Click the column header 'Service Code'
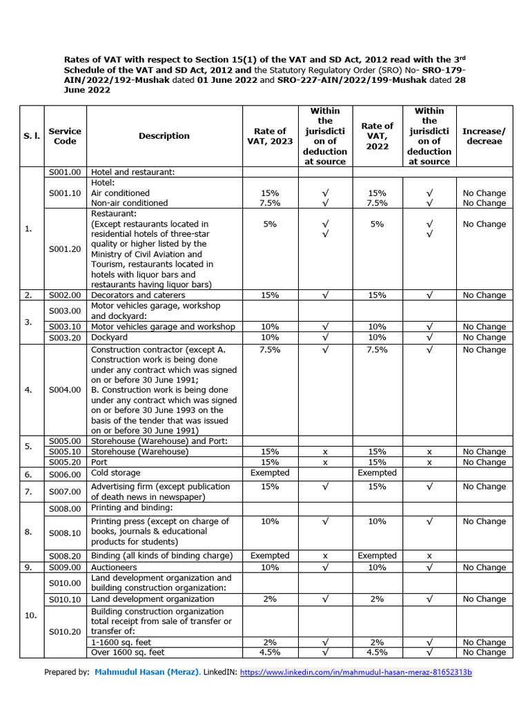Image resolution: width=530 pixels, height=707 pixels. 65,136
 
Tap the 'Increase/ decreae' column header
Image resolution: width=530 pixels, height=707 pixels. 484,136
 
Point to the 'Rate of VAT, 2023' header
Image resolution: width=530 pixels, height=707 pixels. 270,136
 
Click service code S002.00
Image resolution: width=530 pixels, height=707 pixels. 65,296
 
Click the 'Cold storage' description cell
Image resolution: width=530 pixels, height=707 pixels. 116,473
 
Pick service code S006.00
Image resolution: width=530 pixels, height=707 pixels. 65,474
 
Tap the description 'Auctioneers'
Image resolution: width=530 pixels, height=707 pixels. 115,568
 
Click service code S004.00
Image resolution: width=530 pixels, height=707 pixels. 65,390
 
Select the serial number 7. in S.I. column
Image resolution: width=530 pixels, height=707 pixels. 28,491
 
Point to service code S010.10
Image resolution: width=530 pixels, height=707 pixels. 65,599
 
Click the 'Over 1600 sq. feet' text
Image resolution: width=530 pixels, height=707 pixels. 128,652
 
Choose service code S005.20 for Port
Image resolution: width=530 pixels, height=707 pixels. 65,463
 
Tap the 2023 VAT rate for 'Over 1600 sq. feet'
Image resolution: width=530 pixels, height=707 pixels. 270,652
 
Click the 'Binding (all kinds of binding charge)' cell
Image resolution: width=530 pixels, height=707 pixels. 162,556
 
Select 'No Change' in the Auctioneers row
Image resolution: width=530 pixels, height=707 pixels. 484,568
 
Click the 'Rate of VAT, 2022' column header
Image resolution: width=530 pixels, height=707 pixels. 377,136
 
